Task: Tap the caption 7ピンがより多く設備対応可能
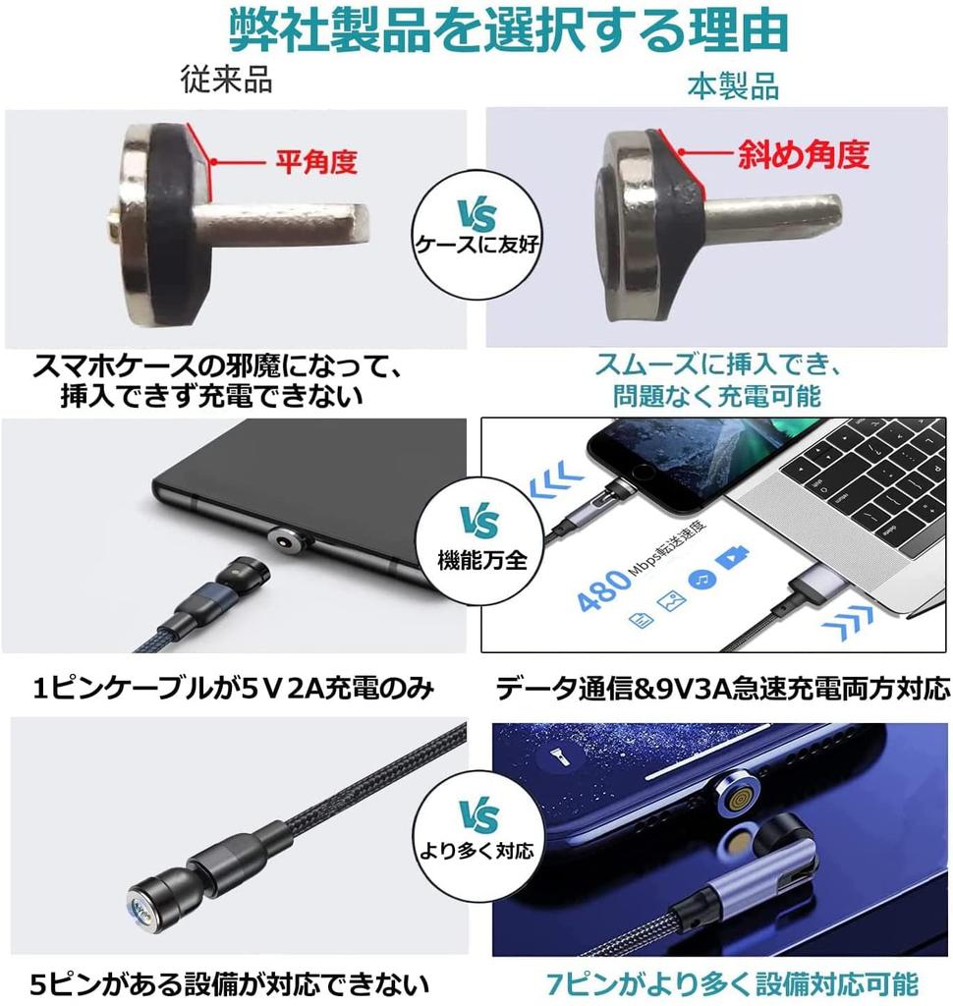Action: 731,982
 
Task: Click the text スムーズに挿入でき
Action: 716,365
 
